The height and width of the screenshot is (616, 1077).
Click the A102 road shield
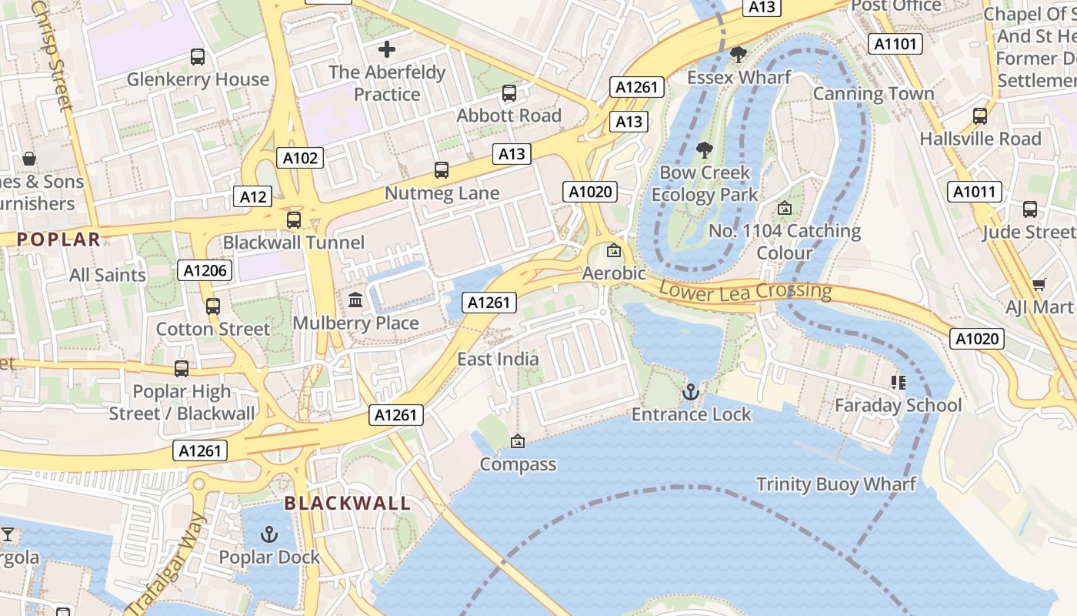pyautogui.click(x=300, y=158)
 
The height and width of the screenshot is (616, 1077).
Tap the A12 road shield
pyautogui.click(x=253, y=196)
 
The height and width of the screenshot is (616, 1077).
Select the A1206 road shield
pyautogui.click(x=205, y=269)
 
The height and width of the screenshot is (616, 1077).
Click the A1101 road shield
pyautogui.click(x=895, y=44)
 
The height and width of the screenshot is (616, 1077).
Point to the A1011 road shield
pyautogui.click(x=975, y=192)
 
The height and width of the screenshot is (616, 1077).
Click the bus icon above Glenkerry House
pyautogui.click(x=198, y=56)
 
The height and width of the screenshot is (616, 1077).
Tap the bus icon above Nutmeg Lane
pyautogui.click(x=442, y=170)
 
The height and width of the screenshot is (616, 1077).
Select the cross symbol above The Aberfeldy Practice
pyautogui.click(x=387, y=50)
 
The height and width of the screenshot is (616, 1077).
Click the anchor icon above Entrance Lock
pyautogui.click(x=691, y=393)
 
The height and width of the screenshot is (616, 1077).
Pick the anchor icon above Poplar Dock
pyautogui.click(x=269, y=534)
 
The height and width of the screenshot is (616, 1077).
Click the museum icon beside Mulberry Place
pyautogui.click(x=355, y=300)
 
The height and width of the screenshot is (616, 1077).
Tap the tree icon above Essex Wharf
pyautogui.click(x=739, y=55)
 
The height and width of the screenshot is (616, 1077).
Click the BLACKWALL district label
pyautogui.click(x=347, y=504)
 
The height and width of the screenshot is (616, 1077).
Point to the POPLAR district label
pyautogui.click(x=59, y=239)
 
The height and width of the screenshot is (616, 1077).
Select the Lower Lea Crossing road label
pyautogui.click(x=745, y=290)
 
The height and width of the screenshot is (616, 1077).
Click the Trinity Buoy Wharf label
pyautogui.click(x=836, y=484)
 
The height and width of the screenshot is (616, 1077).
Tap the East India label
pyautogui.click(x=498, y=359)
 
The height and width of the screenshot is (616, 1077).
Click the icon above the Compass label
pyautogui.click(x=518, y=441)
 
